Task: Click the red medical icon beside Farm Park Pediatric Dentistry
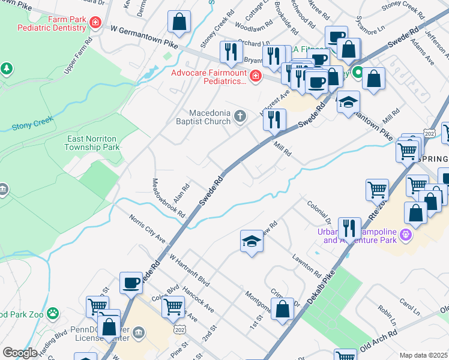[x=94, y=23]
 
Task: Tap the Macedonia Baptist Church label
[x=210, y=117]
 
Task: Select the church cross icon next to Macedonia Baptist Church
[x=241, y=116]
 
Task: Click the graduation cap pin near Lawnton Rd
[x=252, y=241]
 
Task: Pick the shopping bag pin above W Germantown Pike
[x=179, y=23]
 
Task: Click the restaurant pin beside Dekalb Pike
[x=349, y=228]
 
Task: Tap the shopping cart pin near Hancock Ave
[x=173, y=306]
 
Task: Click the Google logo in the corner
[x=20, y=353]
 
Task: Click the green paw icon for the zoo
[x=53, y=313]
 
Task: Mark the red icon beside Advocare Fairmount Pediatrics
[x=255, y=76]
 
